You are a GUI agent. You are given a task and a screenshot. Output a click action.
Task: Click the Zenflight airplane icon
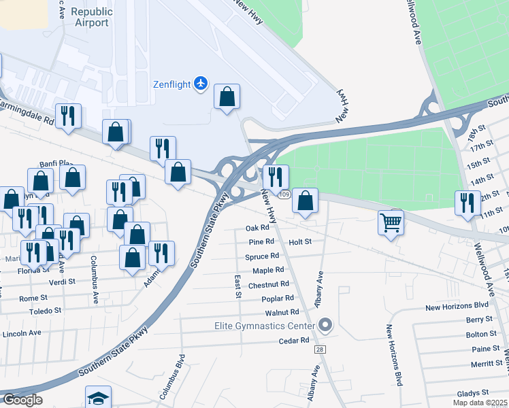coord(200,84)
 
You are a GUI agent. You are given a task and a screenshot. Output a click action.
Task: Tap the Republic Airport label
coord(91,17)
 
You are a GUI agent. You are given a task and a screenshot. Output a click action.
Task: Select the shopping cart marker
coord(391,222)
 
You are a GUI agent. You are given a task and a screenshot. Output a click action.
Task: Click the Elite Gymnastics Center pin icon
coord(325,326)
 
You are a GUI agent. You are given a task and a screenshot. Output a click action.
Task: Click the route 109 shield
coord(284,195)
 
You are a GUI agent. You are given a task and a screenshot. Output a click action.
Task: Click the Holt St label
coord(299,241)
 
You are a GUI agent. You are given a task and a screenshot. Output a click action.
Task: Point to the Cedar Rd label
coord(294,341)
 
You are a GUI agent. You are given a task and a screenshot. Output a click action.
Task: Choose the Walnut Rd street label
coord(282,313)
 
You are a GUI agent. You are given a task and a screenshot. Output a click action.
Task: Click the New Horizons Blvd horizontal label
coord(457,307)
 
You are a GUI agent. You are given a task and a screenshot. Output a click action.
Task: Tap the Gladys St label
coord(473,393)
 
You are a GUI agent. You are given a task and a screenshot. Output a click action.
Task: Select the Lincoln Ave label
coord(22,333)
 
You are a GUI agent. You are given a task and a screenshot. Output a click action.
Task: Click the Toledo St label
coord(45,311)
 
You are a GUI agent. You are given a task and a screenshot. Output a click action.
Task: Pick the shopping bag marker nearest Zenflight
coord(227,97)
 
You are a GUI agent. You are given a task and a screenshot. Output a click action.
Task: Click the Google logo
coord(22,400)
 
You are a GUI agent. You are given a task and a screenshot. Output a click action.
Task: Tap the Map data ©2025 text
coord(480,403)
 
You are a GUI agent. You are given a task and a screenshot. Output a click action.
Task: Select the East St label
coord(238,286)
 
